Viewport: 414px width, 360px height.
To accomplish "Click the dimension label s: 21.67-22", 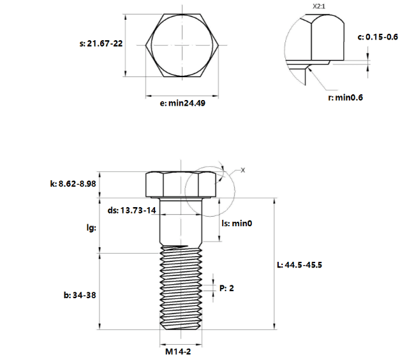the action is tap(101, 43).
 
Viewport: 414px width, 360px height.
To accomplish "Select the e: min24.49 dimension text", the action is tap(182, 103).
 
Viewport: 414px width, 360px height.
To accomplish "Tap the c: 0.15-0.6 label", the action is tap(378, 37).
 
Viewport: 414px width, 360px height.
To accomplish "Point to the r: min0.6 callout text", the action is tap(345, 97).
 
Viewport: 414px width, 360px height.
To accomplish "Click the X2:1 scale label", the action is tap(319, 6).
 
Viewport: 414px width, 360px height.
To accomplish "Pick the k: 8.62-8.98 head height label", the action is tap(73, 184).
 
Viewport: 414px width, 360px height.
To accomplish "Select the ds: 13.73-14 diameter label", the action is tap(131, 210).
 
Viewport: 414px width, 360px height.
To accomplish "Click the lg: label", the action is tap(91, 227).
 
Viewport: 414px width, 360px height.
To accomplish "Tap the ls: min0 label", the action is tap(237, 224).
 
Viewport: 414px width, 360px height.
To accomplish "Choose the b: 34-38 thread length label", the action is tap(80, 295).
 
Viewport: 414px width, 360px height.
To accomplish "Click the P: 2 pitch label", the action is tap(226, 288).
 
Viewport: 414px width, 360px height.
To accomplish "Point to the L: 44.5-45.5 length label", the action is tap(299, 265).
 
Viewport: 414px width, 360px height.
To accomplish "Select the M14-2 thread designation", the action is tap(178, 352).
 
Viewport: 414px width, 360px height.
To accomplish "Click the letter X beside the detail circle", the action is tap(243, 170).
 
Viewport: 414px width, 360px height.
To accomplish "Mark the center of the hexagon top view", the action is tap(182, 45).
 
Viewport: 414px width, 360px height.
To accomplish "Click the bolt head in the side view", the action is tap(181, 184).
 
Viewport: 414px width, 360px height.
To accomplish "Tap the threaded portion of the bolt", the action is tap(181, 287).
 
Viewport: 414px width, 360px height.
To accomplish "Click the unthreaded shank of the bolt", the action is tap(181, 222).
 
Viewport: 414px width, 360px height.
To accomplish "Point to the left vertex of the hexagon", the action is tap(145, 45).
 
